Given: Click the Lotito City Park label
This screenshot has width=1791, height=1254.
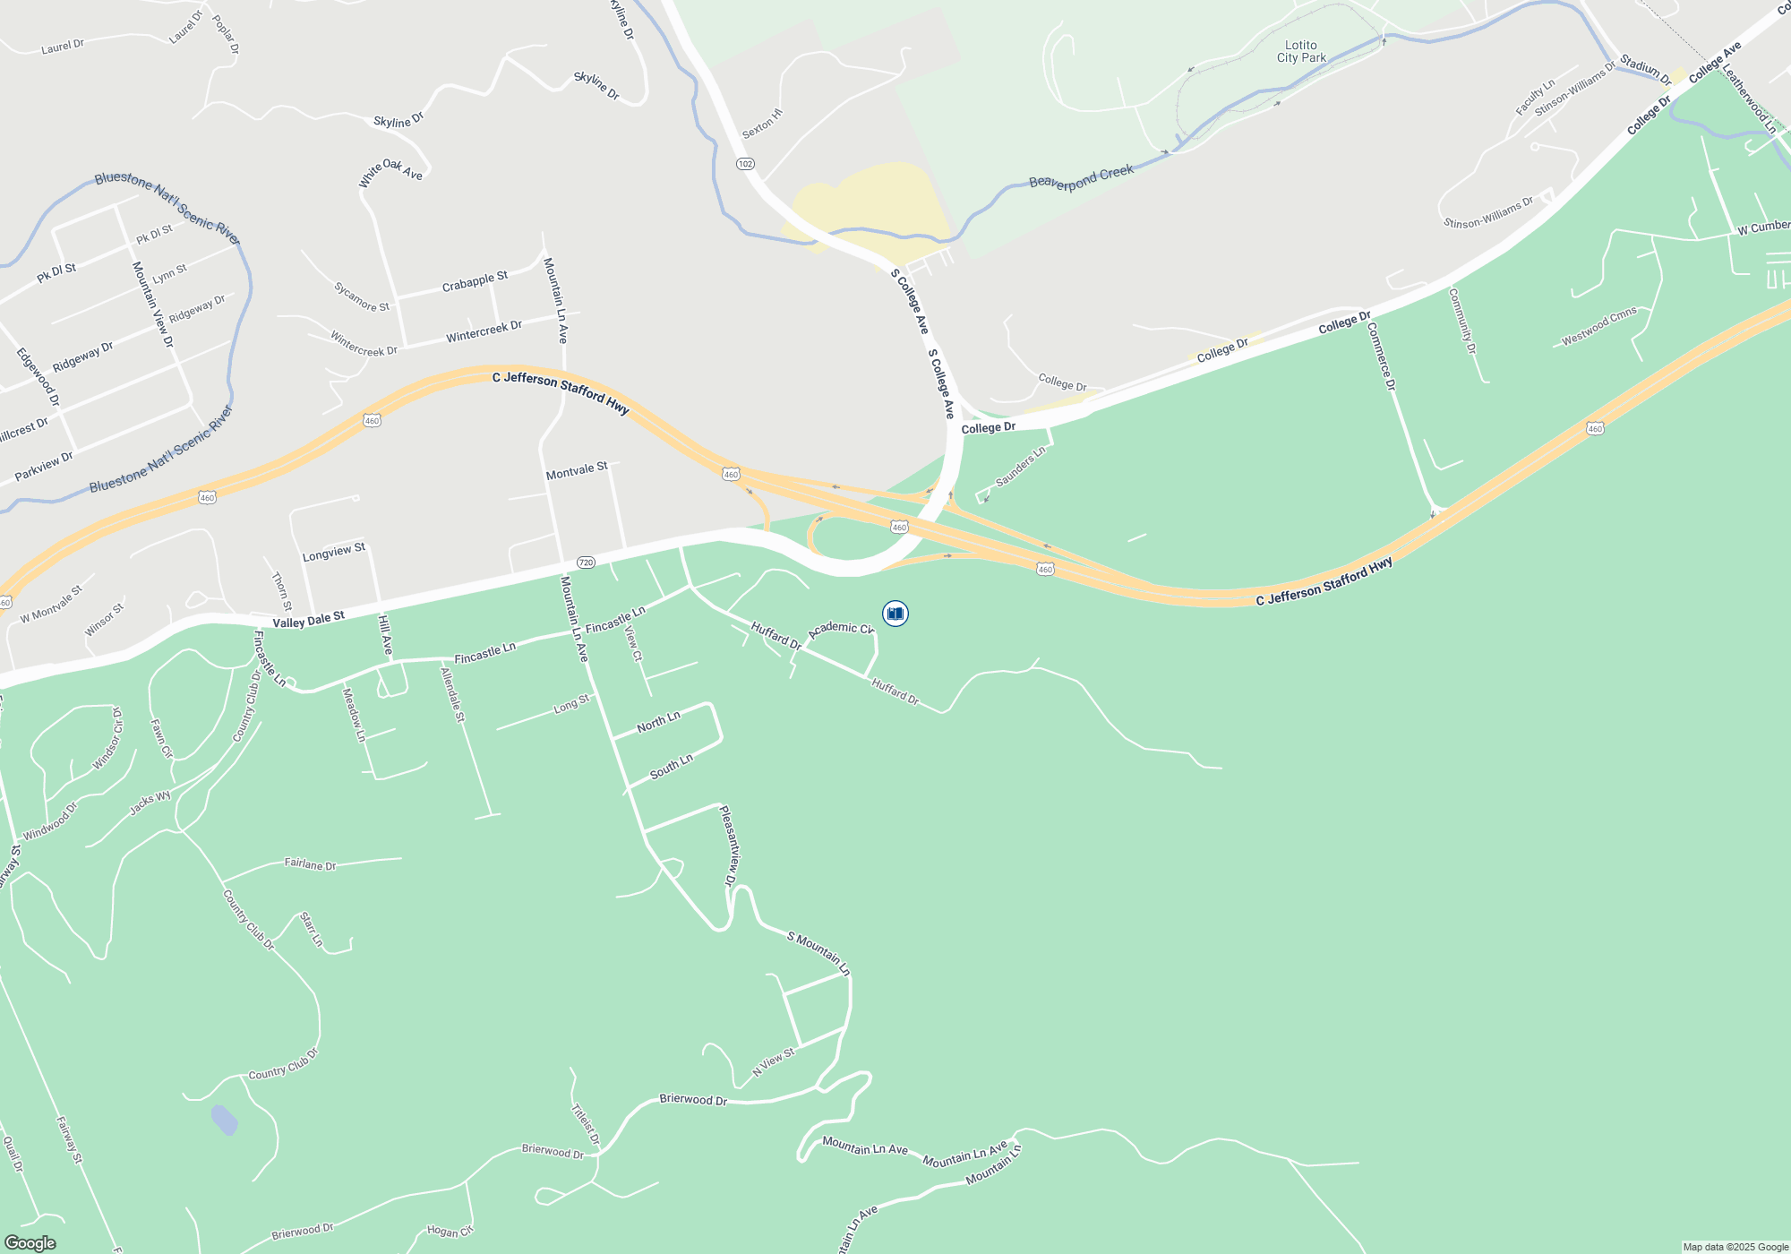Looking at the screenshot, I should point(1301,51).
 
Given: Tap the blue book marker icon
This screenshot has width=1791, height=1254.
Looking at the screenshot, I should point(895,614).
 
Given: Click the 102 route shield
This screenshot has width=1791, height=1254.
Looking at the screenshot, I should point(745,164).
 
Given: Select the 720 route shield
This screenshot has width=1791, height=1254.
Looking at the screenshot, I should point(586,563).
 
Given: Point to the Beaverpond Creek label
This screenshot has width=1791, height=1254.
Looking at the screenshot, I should point(1081,176).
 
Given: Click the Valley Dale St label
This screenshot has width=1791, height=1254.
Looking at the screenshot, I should point(308,620).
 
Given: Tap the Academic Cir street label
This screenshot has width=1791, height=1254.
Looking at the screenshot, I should point(840,629).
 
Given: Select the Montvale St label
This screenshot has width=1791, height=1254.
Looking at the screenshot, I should point(577,470).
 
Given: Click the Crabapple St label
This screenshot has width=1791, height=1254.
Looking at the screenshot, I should point(475,281).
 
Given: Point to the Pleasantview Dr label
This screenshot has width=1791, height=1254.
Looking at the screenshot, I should point(729,846).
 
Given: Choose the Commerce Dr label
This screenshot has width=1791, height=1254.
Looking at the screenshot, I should point(1381,356).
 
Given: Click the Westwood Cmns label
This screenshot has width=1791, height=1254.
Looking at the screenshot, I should point(1598,326).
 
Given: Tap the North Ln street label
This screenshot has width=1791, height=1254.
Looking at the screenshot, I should point(658,722).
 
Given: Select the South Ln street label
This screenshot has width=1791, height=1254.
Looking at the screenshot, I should point(671,768).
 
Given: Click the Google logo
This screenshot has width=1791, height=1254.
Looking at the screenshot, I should point(30,1242).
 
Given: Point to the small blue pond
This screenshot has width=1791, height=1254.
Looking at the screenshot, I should point(224,1120).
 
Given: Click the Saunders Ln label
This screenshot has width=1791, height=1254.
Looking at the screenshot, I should point(1020,468).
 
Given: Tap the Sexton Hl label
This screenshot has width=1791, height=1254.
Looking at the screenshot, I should point(762,124).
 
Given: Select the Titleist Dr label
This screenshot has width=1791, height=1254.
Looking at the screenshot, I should point(585,1123).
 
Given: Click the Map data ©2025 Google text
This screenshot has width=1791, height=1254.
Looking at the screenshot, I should point(1735,1247).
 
